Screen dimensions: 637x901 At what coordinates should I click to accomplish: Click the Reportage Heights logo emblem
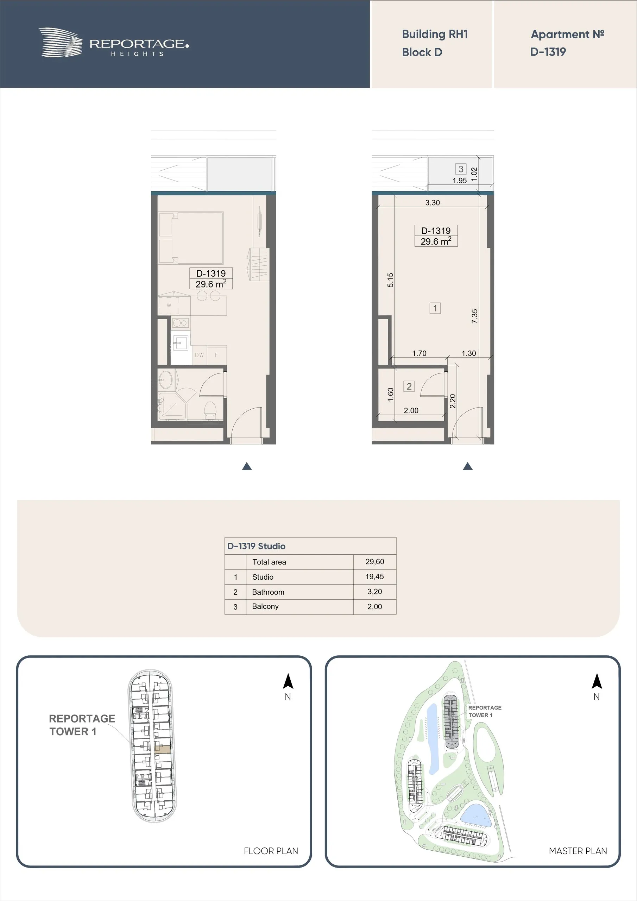pyautogui.click(x=61, y=42)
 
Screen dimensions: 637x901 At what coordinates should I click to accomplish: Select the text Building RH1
pyautogui.click(x=435, y=34)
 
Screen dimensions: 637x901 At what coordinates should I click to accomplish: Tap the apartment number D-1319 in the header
pyautogui.click(x=548, y=52)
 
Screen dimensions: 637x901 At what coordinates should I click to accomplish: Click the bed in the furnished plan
pyautogui.click(x=191, y=238)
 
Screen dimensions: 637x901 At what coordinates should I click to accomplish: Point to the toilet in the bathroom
pyautogui.click(x=211, y=409)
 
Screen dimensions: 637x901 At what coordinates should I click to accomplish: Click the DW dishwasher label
pyautogui.click(x=200, y=355)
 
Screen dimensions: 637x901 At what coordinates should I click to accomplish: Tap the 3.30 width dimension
pyautogui.click(x=433, y=203)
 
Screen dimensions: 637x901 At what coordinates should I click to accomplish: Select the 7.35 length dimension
pyautogui.click(x=474, y=316)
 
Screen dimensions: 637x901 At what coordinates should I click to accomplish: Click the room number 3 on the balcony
pyautogui.click(x=461, y=169)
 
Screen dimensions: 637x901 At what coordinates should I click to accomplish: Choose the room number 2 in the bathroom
pyautogui.click(x=409, y=386)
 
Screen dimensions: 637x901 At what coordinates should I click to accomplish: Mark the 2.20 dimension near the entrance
pyautogui.click(x=453, y=401)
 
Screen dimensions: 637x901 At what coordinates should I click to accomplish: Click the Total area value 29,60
pyautogui.click(x=375, y=562)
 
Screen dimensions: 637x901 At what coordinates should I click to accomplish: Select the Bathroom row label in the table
pyautogui.click(x=268, y=592)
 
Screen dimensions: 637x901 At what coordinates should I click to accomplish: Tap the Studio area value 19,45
pyautogui.click(x=375, y=576)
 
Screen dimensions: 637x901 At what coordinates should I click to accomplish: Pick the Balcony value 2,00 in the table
pyautogui.click(x=375, y=607)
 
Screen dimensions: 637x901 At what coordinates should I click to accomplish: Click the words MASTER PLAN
pyautogui.click(x=578, y=851)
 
